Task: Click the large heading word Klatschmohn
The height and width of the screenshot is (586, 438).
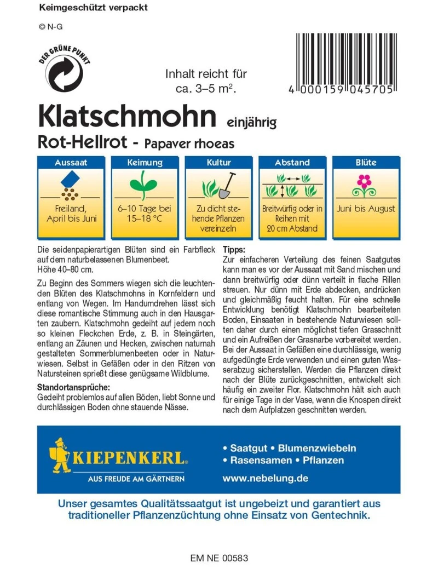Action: tap(125, 116)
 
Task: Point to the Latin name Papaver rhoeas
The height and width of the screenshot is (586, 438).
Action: tap(190, 143)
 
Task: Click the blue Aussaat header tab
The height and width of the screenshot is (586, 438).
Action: tap(71, 162)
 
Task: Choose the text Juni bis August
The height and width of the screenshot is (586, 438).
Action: tap(366, 209)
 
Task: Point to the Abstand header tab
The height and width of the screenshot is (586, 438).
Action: tap(292, 162)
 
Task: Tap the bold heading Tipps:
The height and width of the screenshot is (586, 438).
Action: tap(234, 249)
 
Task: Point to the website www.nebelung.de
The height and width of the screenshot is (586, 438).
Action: tap(265, 478)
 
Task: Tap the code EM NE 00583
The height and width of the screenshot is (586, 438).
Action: tap(219, 559)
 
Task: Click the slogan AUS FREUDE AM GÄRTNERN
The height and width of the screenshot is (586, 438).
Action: tap(136, 479)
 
